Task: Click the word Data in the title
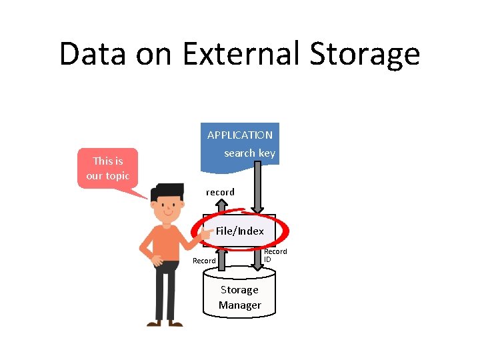coord(91,54)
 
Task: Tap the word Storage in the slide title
coord(374,54)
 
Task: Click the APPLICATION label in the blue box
coord(239,135)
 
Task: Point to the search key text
coord(249,153)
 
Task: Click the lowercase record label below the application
coord(220,192)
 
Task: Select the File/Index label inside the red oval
coord(240,231)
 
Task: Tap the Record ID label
coord(275,255)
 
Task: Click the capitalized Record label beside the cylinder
coord(204,261)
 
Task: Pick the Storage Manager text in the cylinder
coord(239,298)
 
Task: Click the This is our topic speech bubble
coord(107,169)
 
